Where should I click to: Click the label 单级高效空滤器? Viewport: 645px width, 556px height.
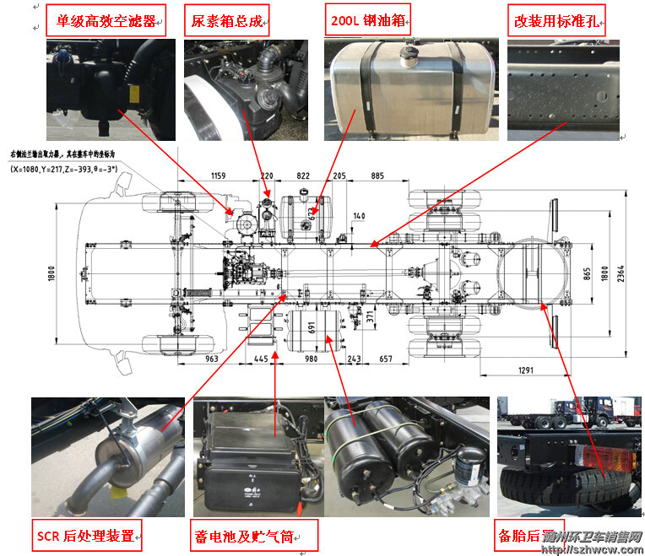106,20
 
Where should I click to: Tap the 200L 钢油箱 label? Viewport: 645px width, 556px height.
370,20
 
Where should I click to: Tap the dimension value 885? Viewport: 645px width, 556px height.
377,176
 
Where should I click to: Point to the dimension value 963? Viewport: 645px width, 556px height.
211,359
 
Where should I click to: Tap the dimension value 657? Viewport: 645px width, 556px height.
386,359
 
